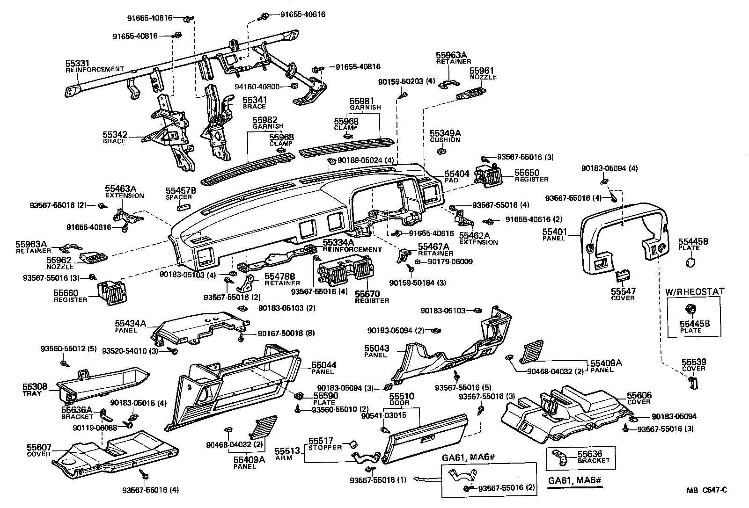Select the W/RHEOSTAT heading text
click(x=695, y=291)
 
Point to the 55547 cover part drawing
click(x=622, y=276)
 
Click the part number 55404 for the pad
click(x=456, y=174)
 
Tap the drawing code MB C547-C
click(x=706, y=490)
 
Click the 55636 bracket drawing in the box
click(x=561, y=456)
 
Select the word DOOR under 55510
click(x=399, y=403)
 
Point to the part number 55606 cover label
click(x=639, y=396)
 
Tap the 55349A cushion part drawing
click(x=441, y=151)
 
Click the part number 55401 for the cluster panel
click(x=555, y=232)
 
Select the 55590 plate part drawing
click(x=298, y=396)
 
